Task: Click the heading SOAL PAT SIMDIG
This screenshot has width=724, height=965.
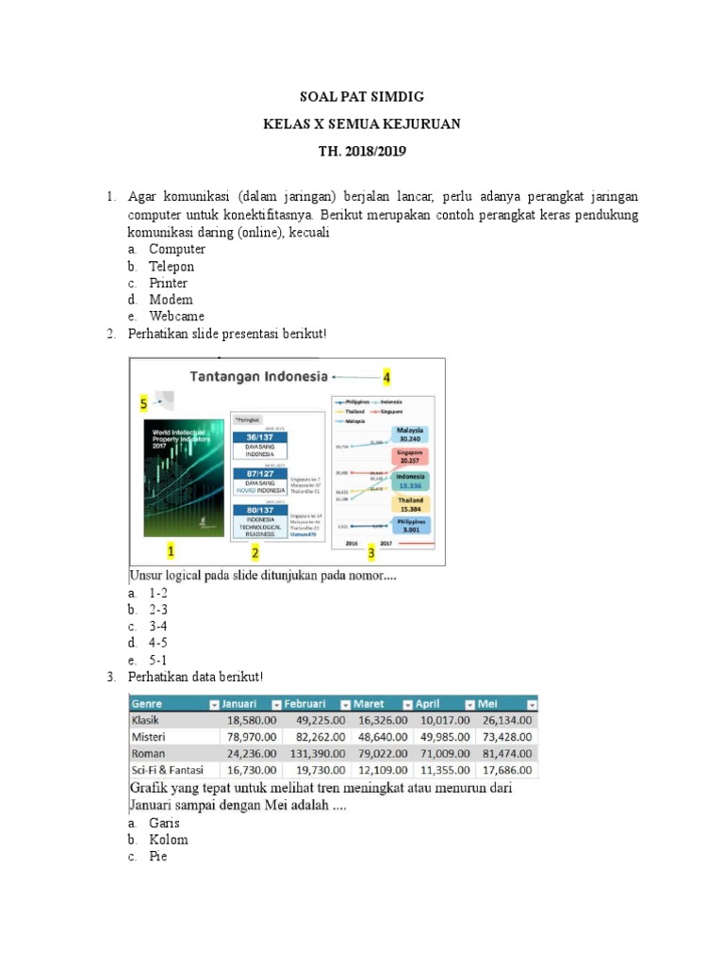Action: point(362,96)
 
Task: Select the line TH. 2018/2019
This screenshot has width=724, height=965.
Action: point(362,150)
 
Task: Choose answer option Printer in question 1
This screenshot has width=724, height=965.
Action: point(168,283)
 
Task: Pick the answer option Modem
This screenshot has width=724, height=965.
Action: point(171,300)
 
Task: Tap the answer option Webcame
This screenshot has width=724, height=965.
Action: point(176,317)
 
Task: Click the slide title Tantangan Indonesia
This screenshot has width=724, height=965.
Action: point(259,377)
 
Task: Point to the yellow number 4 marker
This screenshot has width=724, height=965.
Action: point(385,377)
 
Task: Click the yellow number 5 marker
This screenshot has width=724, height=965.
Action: point(142,402)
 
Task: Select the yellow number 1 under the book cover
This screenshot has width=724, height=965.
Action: point(171,549)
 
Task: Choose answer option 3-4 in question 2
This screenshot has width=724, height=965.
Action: point(157,627)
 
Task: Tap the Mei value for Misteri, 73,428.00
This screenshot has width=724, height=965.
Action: point(505,737)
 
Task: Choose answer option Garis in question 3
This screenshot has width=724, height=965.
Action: point(164,823)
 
